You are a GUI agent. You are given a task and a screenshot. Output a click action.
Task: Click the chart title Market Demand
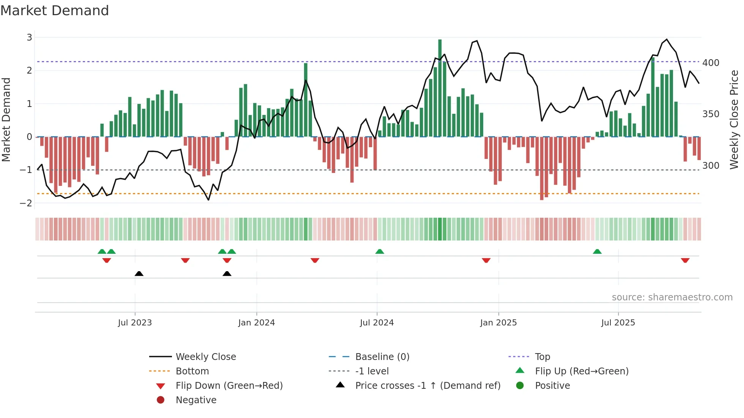click(x=55, y=11)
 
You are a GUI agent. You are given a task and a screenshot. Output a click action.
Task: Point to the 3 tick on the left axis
click(x=29, y=37)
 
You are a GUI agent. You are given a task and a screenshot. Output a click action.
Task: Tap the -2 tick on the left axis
click(x=26, y=203)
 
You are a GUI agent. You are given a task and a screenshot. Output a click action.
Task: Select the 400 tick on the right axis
click(x=711, y=63)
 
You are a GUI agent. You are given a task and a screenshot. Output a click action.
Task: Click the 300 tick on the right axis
click(x=711, y=165)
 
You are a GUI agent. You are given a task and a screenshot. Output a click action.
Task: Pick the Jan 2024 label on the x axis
click(x=256, y=323)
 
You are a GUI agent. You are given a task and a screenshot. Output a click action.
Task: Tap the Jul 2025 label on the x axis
click(x=618, y=323)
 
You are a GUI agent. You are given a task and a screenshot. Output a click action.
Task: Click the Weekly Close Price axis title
click(x=734, y=119)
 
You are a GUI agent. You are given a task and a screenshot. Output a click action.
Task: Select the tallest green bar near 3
click(x=440, y=87)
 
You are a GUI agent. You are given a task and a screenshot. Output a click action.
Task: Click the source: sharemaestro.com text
click(x=672, y=297)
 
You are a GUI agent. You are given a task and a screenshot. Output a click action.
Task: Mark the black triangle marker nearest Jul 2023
click(x=139, y=273)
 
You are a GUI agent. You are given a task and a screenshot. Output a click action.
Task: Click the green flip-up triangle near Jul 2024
click(x=380, y=251)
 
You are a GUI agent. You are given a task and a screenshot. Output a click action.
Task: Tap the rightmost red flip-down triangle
click(x=685, y=260)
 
